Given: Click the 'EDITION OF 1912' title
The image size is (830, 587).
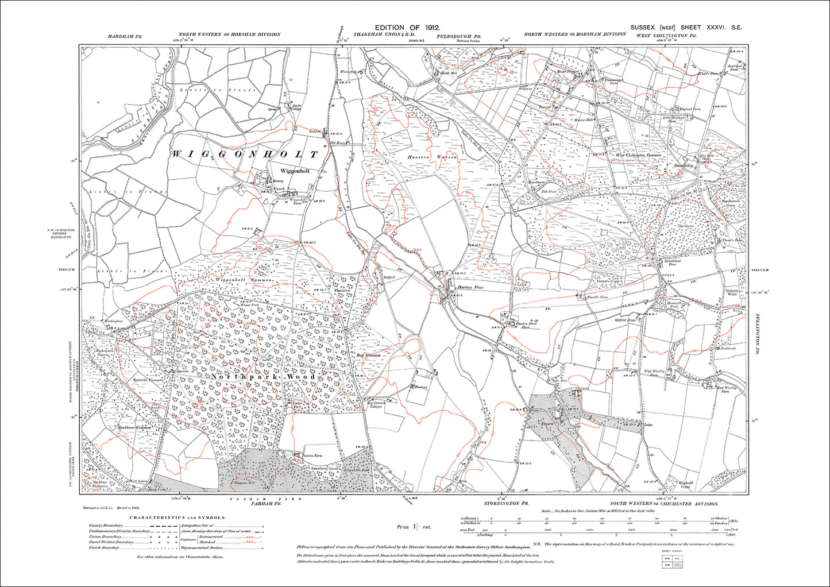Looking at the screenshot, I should coord(408,28).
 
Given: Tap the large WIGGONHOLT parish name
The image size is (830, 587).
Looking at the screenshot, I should coord(245,155).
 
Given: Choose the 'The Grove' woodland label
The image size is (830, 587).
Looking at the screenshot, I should coord(686,226).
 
